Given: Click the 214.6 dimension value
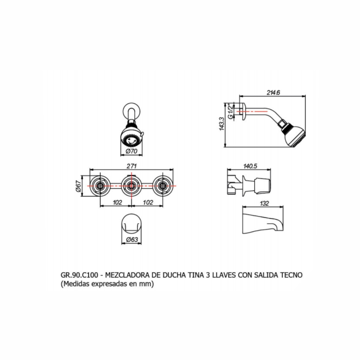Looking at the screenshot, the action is pyautogui.click(x=273, y=93).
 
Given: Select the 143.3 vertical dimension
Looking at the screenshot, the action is pyautogui.click(x=221, y=124).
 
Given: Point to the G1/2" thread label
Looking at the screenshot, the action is pyautogui.click(x=230, y=112).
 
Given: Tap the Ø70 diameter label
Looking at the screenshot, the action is pyautogui.click(x=131, y=151).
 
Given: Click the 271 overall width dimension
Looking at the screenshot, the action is pyautogui.click(x=131, y=166).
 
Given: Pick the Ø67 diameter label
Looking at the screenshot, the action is pyautogui.click(x=78, y=186).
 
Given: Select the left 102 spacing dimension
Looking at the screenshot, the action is pyautogui.click(x=117, y=202).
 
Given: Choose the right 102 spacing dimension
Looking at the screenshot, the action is pyautogui.click(x=148, y=202).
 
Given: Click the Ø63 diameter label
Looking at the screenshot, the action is pyautogui.click(x=132, y=239).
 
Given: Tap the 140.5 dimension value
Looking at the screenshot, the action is pyautogui.click(x=250, y=166).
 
